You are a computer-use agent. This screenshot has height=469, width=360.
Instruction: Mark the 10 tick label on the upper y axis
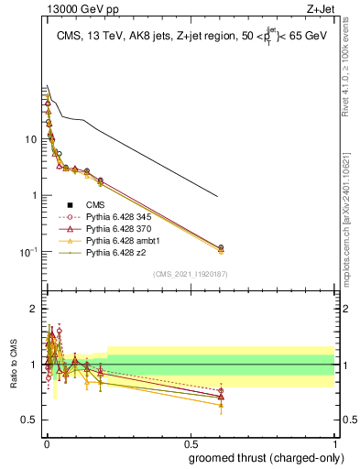click(x=30, y=139)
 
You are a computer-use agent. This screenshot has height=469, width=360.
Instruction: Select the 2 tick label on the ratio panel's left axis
click(x=34, y=309)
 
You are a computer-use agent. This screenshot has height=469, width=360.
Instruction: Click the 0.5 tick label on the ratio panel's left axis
click(x=30, y=420)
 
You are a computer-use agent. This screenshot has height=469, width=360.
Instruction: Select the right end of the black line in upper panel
click(x=218, y=197)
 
